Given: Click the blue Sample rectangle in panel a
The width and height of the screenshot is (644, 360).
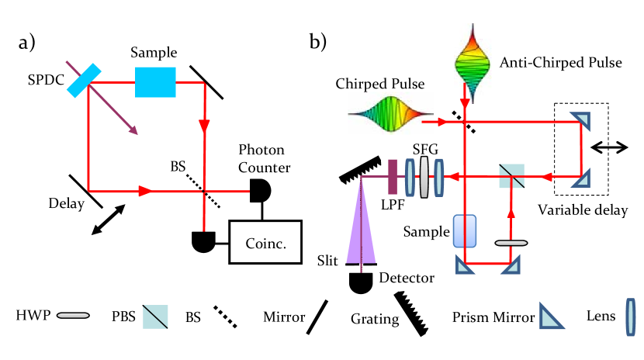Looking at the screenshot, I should (155, 81).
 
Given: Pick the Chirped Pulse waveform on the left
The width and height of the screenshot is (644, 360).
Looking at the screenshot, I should (389, 114).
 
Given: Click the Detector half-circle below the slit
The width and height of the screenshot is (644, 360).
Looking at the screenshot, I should (361, 283).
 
